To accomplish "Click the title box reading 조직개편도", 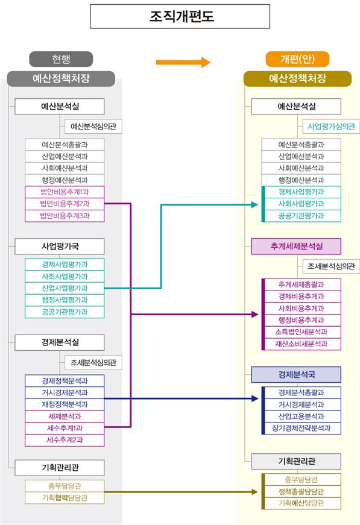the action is point(180,16).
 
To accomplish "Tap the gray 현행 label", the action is point(61,59).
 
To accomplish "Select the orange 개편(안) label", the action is point(297,59).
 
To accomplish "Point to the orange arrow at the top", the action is point(183,62).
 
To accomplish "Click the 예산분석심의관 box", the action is point(93,127).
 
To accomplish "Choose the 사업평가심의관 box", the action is point(331,127).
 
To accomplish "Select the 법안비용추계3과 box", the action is point(65,216).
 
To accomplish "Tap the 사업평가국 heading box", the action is point(60,247).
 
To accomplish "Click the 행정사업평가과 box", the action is point(65,300).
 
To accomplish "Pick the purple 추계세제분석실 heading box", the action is point(296,247).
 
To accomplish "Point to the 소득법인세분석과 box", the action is point(302,332).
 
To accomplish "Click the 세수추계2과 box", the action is point(65,440).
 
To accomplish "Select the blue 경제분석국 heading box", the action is point(296,375).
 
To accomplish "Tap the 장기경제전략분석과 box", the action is point(302,428).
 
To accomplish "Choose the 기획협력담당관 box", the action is point(65,498).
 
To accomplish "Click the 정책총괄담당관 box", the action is point(302,491).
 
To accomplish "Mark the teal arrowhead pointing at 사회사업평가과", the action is point(254,204).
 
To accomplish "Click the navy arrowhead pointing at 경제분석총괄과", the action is point(255,398).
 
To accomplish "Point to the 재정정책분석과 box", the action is point(65,404).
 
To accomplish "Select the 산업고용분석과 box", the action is point(302,417).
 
